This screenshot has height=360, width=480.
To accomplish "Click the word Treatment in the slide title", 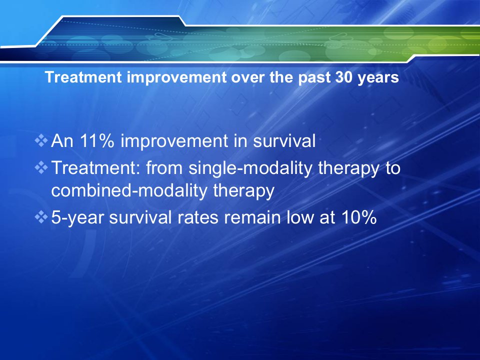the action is click(83, 77).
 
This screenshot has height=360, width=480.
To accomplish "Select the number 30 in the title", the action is click(344, 77).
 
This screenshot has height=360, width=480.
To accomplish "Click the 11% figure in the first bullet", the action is click(97, 141).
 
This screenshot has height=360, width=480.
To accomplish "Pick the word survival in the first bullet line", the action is click(284, 141).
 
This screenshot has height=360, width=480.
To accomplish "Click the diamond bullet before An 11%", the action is click(41, 141).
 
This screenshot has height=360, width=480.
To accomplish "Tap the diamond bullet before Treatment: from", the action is click(41, 168).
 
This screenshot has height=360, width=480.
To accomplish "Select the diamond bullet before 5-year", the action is click(41, 217).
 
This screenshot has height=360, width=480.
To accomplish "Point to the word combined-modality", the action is click(129, 190).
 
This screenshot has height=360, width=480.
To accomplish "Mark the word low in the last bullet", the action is click(300, 217).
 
